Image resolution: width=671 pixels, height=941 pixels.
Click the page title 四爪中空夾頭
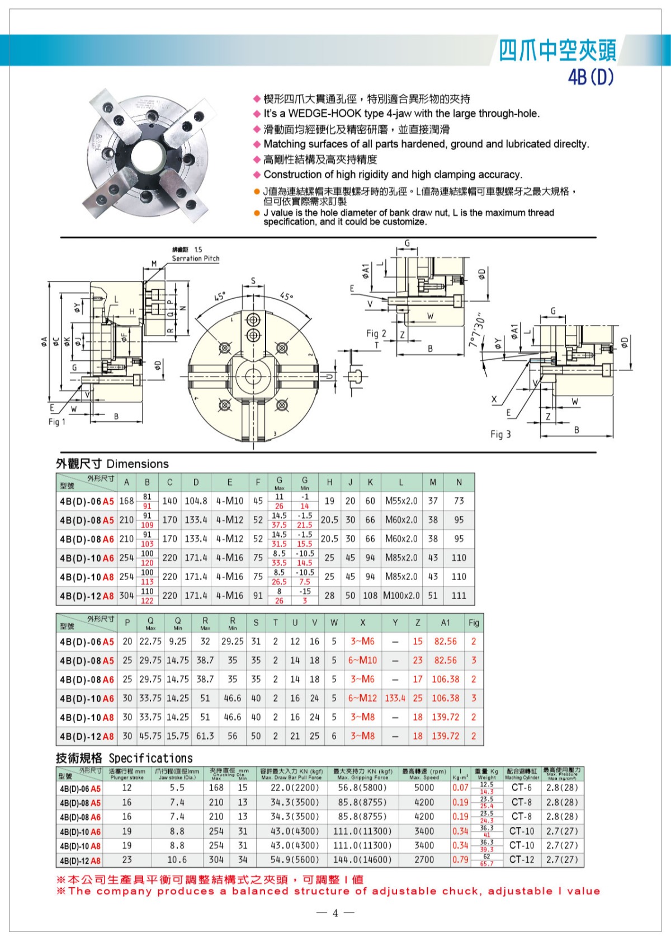coord(557,51)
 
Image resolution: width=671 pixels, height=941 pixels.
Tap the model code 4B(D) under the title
coord(590,77)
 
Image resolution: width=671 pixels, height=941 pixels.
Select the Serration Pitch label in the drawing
coord(195,258)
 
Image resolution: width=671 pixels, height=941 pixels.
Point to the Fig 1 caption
coord(56,421)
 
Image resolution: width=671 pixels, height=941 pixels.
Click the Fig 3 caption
coord(500,434)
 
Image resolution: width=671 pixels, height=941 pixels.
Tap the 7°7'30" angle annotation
coord(476,331)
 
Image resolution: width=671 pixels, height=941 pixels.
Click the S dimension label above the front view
coord(253,281)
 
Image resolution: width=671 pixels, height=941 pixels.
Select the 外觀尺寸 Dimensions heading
coord(112,464)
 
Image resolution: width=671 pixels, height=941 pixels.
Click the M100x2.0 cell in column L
coord(401,596)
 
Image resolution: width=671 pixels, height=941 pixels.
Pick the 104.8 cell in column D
coord(196,501)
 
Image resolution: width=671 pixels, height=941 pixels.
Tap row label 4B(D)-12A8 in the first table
coord(87,596)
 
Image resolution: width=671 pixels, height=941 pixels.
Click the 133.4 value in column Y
coord(395,698)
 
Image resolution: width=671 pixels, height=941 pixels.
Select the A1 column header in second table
coord(445,623)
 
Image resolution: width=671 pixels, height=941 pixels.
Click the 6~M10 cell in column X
coord(362,660)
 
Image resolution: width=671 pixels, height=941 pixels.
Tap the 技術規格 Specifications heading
coord(124,758)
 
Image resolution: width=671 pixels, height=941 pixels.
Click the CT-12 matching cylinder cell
coord(521,860)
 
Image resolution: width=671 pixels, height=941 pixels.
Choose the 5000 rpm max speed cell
coord(424,788)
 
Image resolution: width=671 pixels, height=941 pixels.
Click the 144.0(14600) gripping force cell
coord(362,860)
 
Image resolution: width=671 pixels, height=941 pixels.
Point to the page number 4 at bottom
coord(335,913)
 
